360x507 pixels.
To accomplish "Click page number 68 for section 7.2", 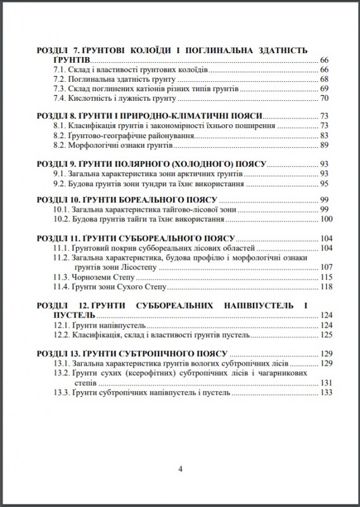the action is pos(324,79).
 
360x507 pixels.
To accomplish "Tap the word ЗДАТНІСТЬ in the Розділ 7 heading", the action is pos(277,49).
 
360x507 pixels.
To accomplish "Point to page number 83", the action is pos(324,136).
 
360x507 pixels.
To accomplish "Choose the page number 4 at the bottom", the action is pos(181,470).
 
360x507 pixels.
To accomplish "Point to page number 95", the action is pos(324,183).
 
